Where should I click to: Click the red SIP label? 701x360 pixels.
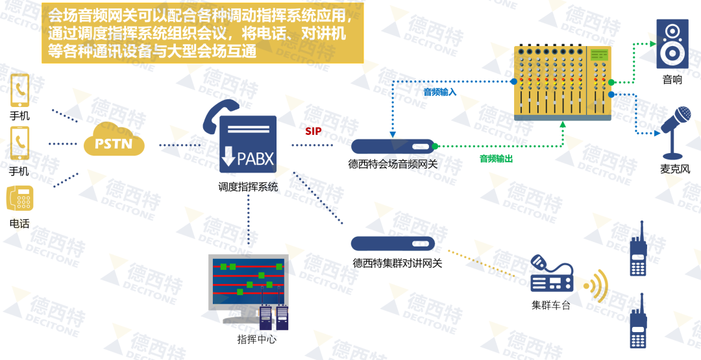(x=314, y=132)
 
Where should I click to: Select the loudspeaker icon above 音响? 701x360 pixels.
(x=672, y=44)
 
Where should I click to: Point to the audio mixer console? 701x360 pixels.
(x=563, y=82)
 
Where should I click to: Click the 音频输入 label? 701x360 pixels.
(x=440, y=92)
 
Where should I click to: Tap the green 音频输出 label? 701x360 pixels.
(x=496, y=159)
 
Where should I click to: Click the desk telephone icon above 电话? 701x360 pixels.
(x=19, y=198)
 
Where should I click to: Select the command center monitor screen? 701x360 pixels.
(x=247, y=282)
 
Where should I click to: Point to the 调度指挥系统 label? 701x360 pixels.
(x=248, y=187)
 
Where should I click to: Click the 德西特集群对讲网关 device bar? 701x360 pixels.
(x=393, y=244)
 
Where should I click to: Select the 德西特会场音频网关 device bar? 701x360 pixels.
(x=393, y=147)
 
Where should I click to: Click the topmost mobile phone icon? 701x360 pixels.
(x=20, y=91)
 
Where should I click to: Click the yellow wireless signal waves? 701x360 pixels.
(x=596, y=286)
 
